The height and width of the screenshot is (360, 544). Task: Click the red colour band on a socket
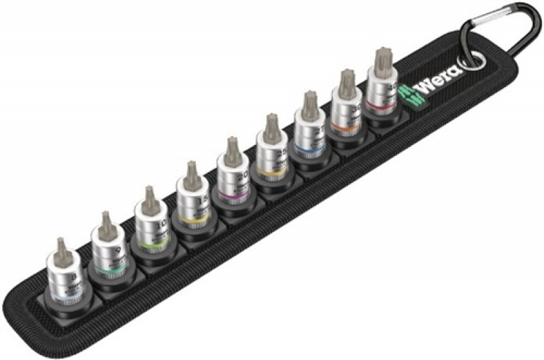click(x=381, y=101)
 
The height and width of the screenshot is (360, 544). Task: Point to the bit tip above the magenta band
click(x=232, y=146)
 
